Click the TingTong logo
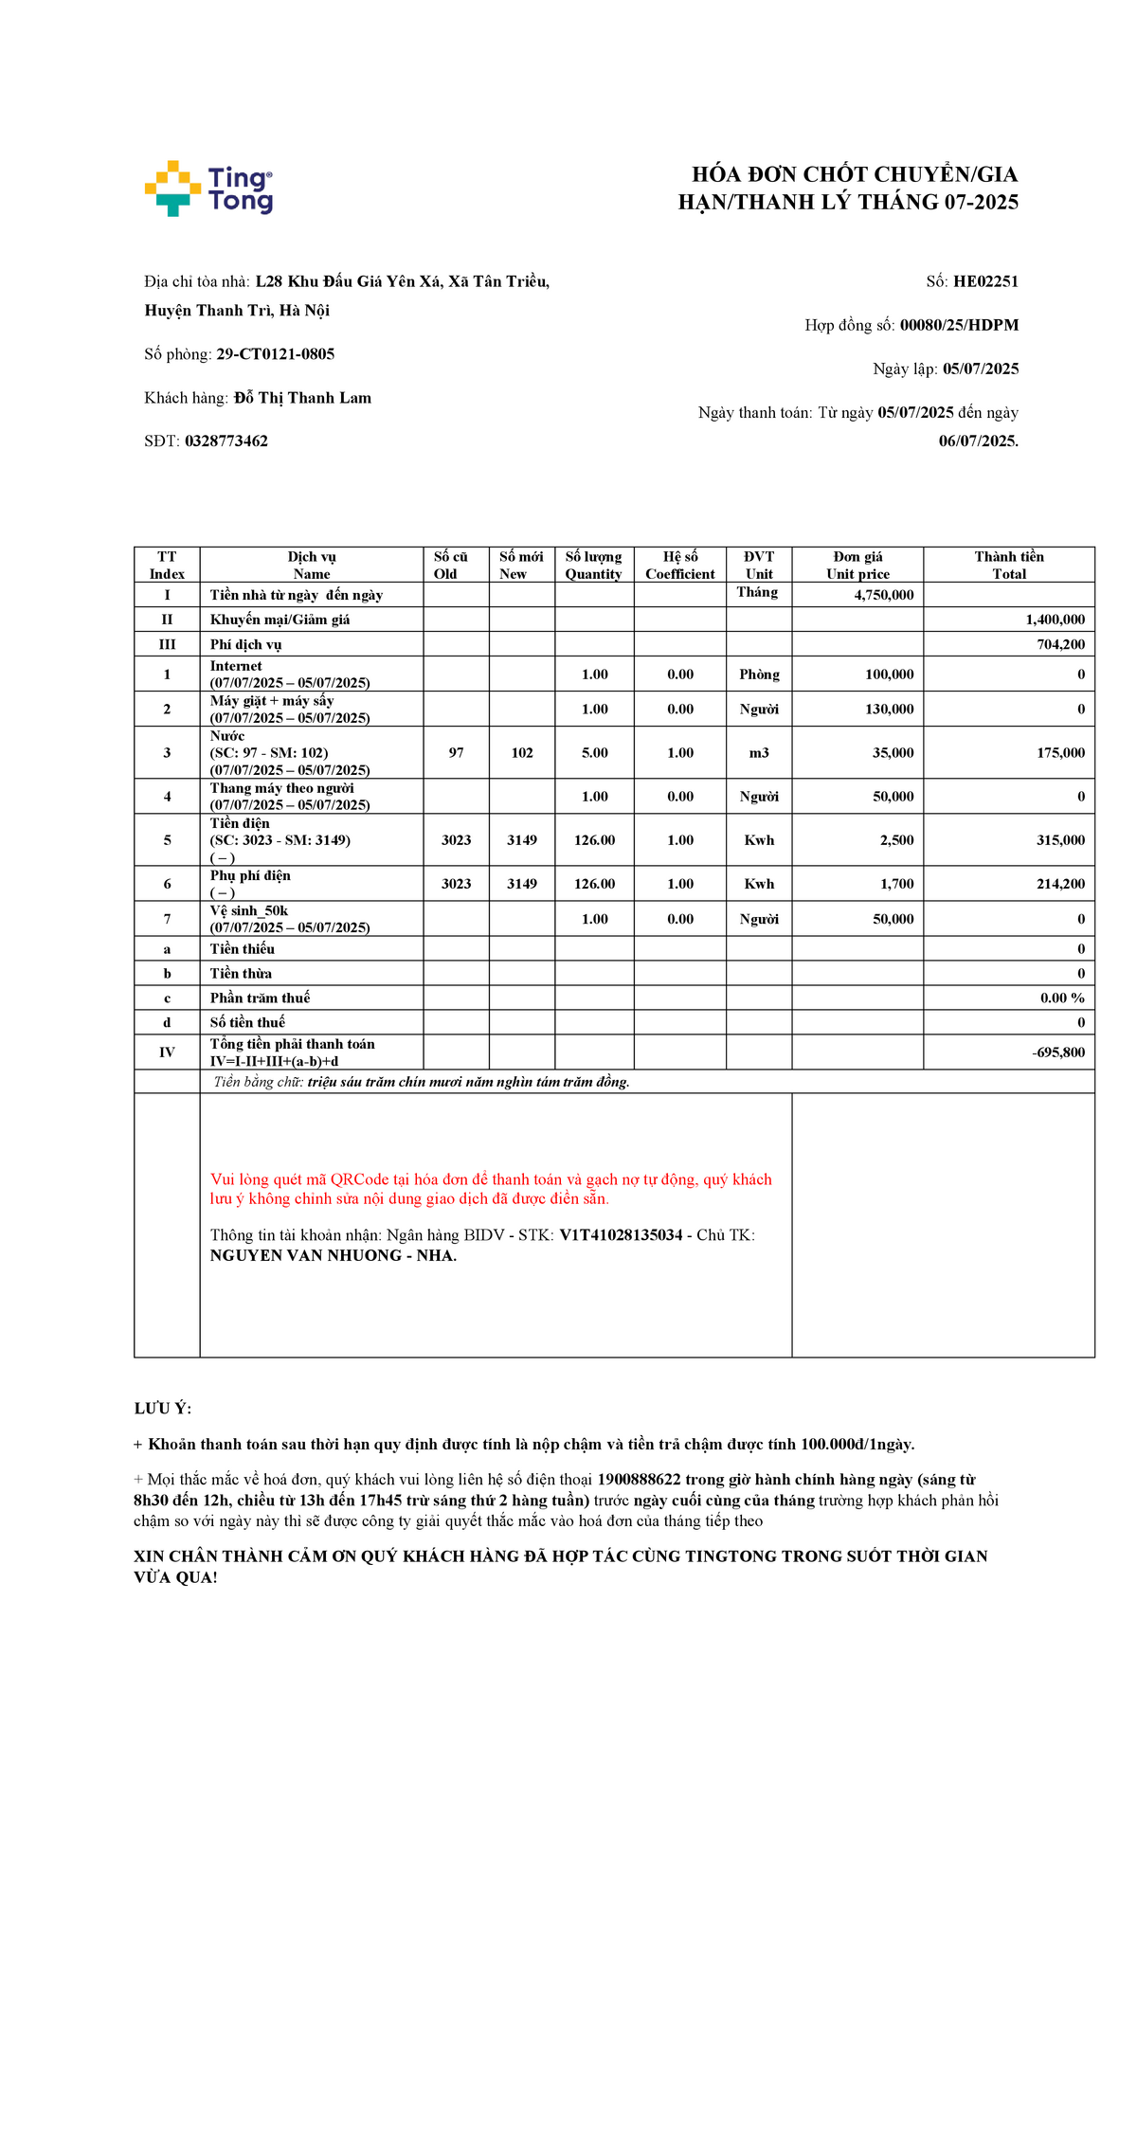208,189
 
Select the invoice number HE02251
985,281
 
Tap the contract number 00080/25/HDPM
959,325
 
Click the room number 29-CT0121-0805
276,354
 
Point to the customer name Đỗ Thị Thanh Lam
302,398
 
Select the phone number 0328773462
226,441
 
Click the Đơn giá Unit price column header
857,565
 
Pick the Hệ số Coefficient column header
679,565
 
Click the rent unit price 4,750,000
883,595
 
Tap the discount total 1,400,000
1055,620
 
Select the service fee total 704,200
1060,644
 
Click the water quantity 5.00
594,753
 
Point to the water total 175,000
1060,753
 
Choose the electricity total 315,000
1060,840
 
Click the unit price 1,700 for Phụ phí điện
896,884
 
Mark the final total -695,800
1058,1052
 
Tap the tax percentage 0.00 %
1062,998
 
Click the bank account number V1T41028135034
621,1235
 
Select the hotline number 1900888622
639,1480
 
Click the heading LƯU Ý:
163,1409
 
